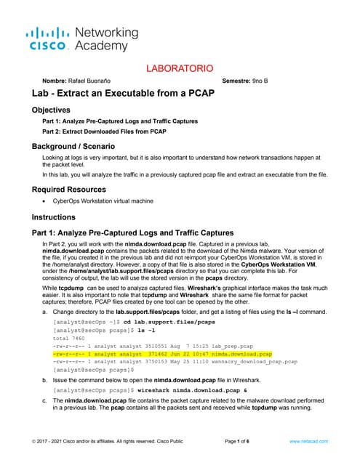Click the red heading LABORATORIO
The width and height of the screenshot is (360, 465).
tap(180, 68)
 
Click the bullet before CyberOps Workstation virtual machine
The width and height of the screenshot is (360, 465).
tap(45, 201)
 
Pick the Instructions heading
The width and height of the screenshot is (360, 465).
tap(57, 217)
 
